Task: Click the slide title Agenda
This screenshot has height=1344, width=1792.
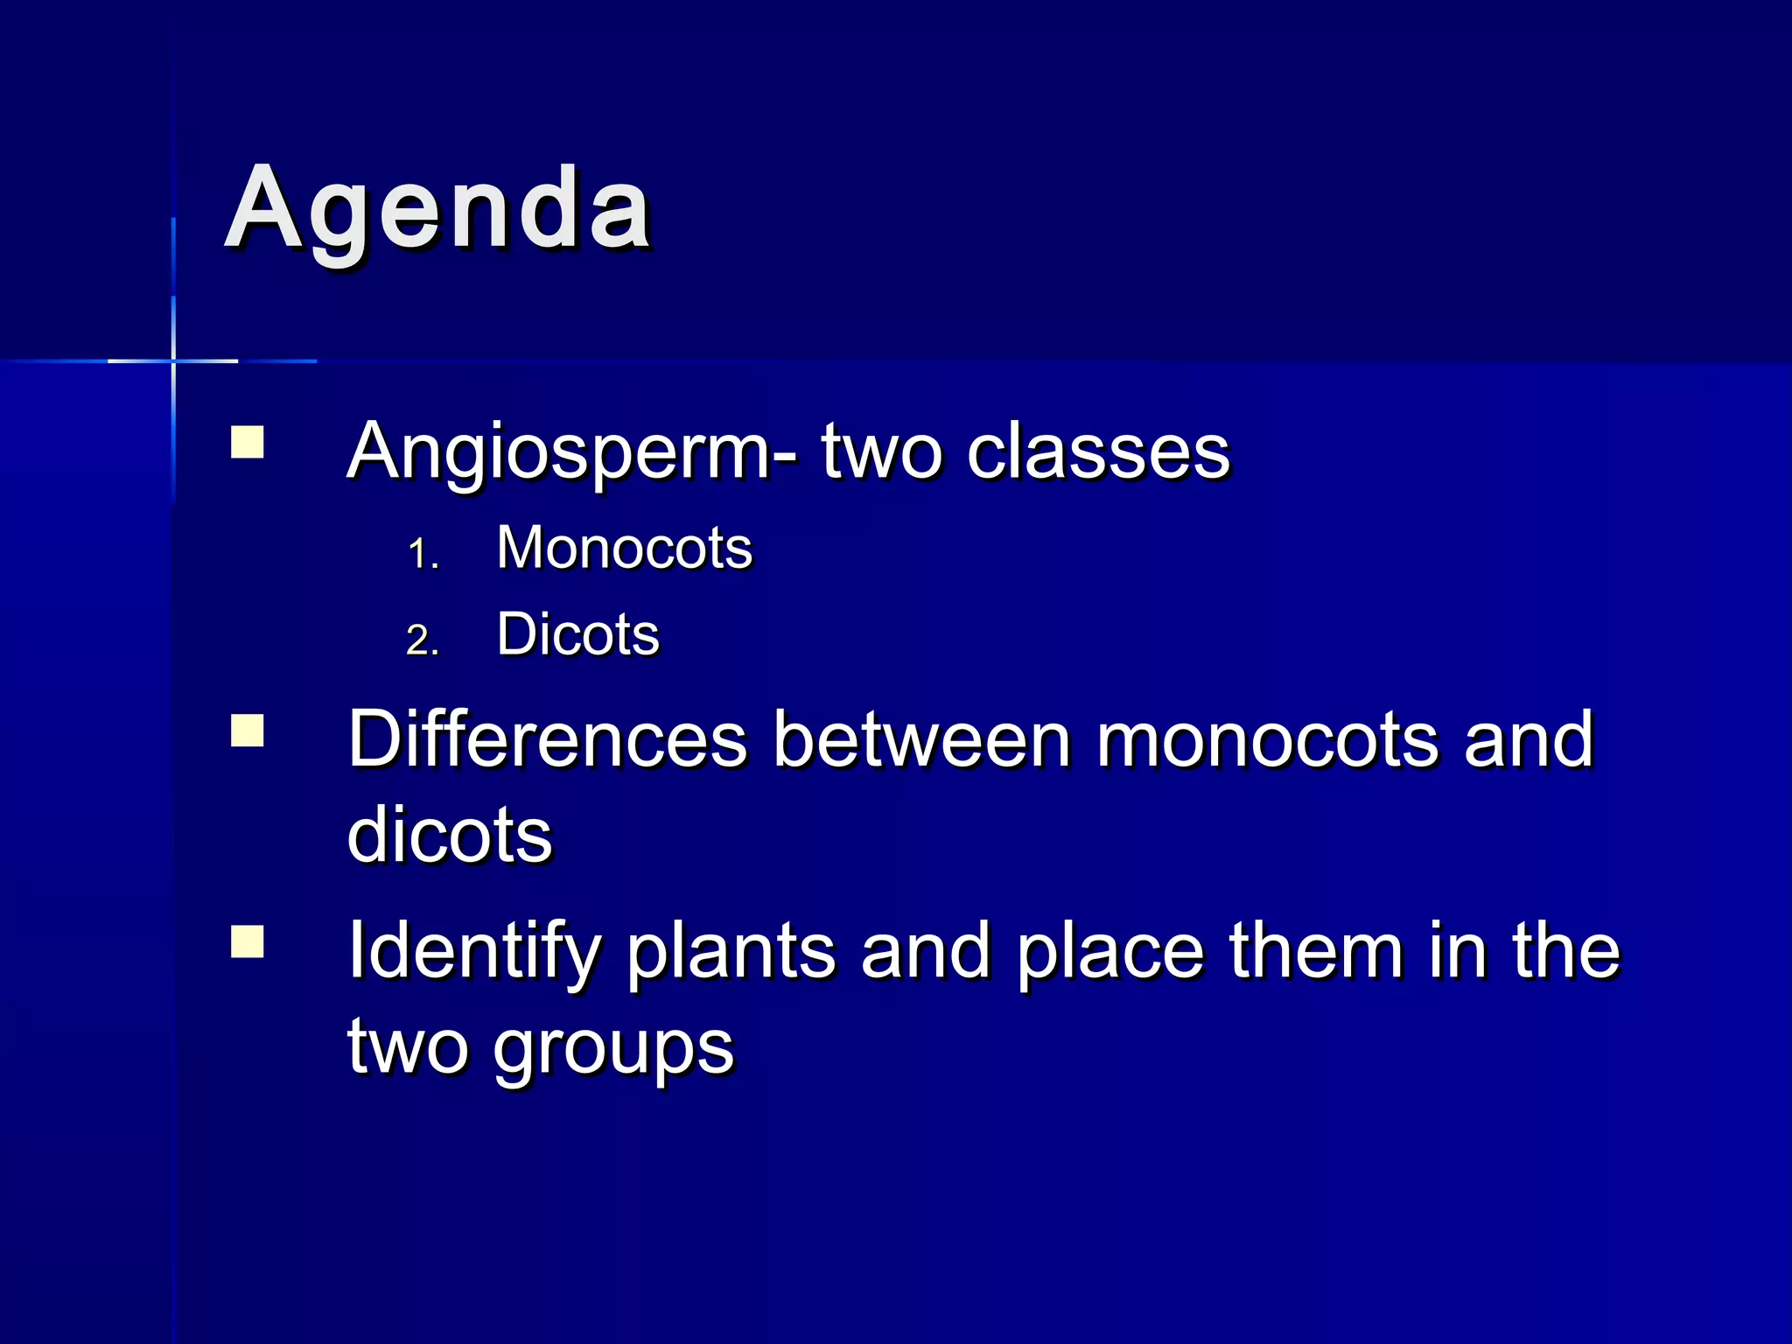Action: tap(437, 210)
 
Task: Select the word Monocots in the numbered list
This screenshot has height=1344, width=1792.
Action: tap(624, 549)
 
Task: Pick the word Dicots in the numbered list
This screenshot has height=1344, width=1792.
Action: tap(577, 633)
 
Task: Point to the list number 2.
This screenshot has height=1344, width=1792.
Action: tap(423, 640)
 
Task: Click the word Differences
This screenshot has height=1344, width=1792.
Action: tap(547, 740)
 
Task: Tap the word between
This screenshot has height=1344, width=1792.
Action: tap(922, 740)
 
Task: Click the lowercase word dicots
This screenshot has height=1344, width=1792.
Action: tap(450, 835)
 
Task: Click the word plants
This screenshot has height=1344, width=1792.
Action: tap(731, 952)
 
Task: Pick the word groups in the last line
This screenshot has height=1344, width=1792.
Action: tap(612, 1048)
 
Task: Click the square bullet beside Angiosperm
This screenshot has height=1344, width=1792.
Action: tap(248, 442)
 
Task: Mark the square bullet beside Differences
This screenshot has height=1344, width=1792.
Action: tap(248, 730)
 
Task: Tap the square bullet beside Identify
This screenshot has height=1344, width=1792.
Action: tap(248, 942)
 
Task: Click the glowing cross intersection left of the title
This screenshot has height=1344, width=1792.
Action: tap(173, 360)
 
